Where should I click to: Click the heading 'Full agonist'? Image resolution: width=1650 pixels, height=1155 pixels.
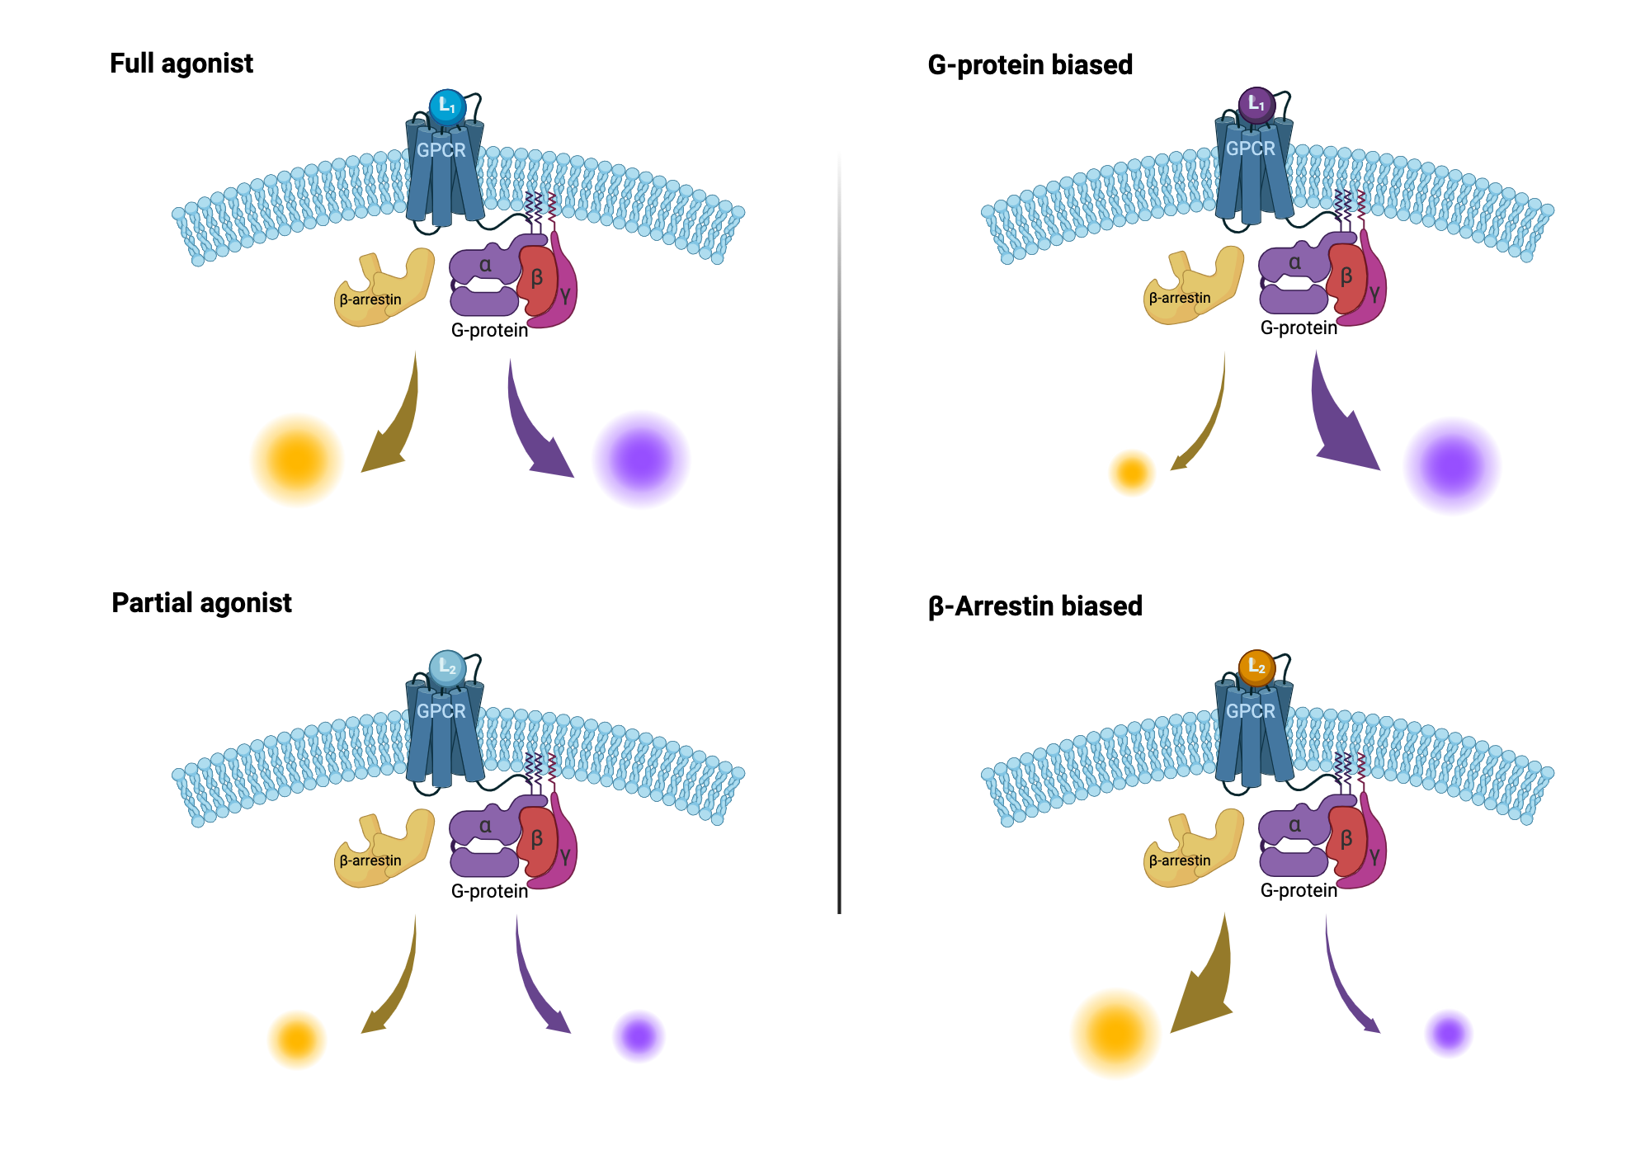coord(181,64)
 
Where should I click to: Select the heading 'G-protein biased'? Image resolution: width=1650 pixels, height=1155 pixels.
coord(1030,65)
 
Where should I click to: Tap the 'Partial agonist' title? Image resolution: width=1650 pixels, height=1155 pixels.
coord(201,603)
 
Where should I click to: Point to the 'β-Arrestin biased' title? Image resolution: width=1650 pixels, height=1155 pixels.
coord(1035,606)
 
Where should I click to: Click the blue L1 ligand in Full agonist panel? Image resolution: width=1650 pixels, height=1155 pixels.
coord(447,106)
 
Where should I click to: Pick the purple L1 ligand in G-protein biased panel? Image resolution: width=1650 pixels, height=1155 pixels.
coord(1256,105)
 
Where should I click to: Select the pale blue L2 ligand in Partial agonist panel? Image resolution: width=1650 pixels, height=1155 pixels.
coord(447,667)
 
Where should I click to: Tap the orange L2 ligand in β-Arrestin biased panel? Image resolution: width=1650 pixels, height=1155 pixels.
coord(1256,667)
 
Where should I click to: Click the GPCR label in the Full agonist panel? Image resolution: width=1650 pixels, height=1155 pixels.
coord(441,150)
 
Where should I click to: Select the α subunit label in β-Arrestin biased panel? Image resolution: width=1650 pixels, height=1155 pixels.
coord(1294,825)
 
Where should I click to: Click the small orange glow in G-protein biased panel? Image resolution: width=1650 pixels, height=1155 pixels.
coord(1132,473)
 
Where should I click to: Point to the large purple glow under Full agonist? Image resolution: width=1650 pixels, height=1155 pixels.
coord(641,460)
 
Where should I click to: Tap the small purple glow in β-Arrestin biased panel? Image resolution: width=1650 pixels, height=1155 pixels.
coord(1449,1033)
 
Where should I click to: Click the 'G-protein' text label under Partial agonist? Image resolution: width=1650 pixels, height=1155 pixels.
coord(489,891)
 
